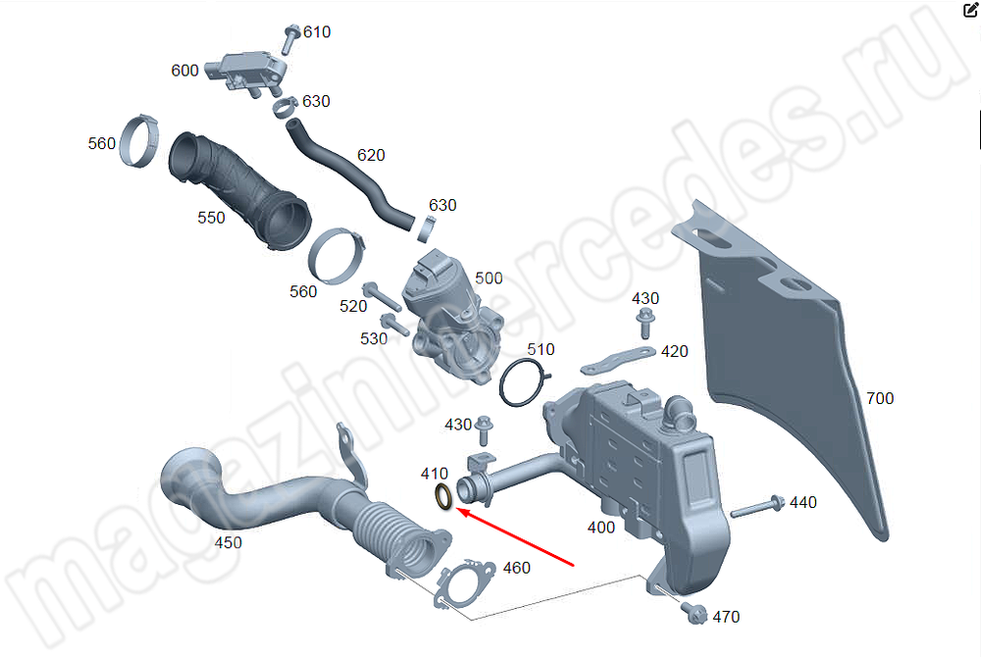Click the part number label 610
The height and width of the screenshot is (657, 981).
(317, 31)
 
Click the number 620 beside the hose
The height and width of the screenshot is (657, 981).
(371, 155)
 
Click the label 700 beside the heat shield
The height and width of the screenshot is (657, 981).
(880, 398)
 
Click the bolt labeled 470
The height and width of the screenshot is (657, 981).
(696, 614)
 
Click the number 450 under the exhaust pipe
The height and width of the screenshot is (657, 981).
(228, 542)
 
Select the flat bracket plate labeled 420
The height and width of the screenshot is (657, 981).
(618, 360)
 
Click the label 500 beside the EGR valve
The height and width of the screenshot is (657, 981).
(489, 278)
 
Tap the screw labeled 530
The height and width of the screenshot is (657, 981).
(392, 325)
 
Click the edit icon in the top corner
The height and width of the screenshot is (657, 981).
(970, 11)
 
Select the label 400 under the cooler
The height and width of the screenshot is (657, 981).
(600, 528)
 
